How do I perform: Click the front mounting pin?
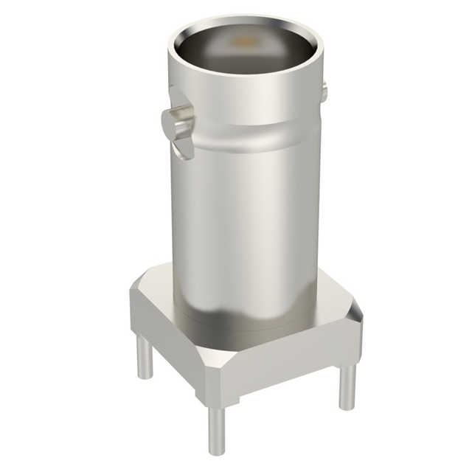click(217, 428)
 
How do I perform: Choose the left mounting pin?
click(145, 361)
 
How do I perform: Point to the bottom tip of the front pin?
click(217, 451)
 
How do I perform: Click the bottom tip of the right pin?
click(347, 406)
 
